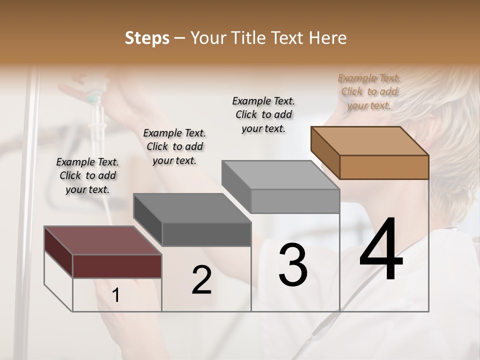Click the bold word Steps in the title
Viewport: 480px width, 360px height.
(x=147, y=38)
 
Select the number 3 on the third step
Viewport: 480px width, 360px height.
(x=292, y=265)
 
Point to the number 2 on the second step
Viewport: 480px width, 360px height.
(x=201, y=280)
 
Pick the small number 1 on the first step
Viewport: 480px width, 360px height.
(x=115, y=295)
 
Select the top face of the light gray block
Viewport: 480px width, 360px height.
(x=280, y=175)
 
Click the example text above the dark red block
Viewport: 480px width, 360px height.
(x=87, y=176)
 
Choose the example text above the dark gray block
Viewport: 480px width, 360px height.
(x=174, y=147)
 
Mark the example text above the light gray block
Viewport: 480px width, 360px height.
(x=263, y=115)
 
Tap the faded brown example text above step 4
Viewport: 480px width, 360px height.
(x=369, y=92)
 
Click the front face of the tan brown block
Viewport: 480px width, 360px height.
(x=384, y=167)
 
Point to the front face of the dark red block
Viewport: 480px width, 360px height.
(x=117, y=266)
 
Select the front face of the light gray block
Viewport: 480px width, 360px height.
(x=295, y=201)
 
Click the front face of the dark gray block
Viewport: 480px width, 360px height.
(x=206, y=234)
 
